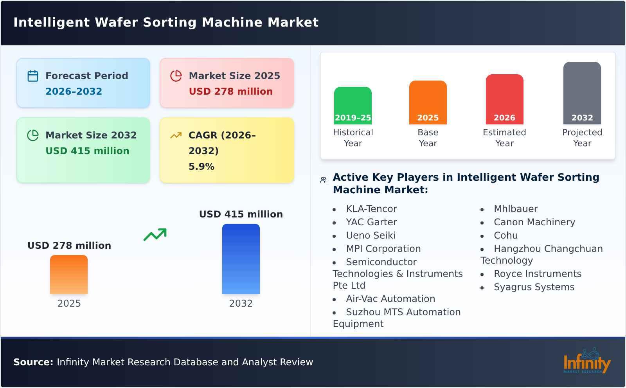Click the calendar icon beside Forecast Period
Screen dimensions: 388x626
pyautogui.click(x=33, y=76)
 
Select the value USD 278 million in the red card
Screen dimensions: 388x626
pyautogui.click(x=230, y=92)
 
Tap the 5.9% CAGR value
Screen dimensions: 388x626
pyautogui.click(x=201, y=167)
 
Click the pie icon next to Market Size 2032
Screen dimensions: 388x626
pyautogui.click(x=33, y=135)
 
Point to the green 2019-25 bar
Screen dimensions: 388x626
pyautogui.click(x=353, y=106)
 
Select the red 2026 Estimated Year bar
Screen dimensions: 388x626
pyautogui.click(x=504, y=99)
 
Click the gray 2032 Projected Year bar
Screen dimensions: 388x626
pyautogui.click(x=582, y=93)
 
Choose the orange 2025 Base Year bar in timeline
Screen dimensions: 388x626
pyautogui.click(x=428, y=102)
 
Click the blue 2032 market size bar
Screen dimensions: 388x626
pyautogui.click(x=241, y=259)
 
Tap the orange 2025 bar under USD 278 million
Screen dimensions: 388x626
pyautogui.click(x=69, y=275)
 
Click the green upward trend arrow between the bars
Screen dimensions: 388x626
pyautogui.click(x=155, y=235)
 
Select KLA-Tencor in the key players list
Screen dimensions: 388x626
pyautogui.click(x=371, y=209)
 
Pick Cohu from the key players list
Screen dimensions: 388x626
pyautogui.click(x=505, y=235)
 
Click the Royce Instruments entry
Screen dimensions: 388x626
pyautogui.click(x=537, y=274)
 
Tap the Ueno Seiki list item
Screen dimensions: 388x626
pyautogui.click(x=371, y=235)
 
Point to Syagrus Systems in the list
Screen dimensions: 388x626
pyautogui.click(x=534, y=287)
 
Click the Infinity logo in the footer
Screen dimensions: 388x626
pyautogui.click(x=586, y=361)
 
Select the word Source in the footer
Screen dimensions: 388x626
pyautogui.click(x=33, y=362)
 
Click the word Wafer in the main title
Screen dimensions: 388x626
pyautogui.click(x=117, y=22)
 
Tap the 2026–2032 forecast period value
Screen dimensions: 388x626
pyautogui.click(x=74, y=92)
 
